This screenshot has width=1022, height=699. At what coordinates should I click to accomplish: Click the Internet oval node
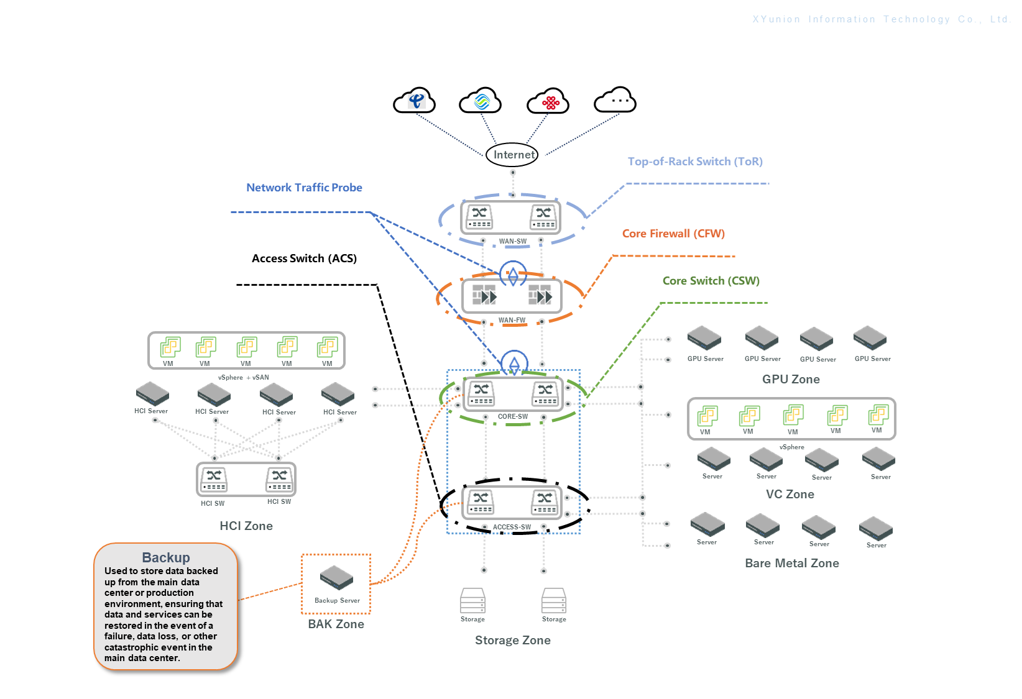point(512,155)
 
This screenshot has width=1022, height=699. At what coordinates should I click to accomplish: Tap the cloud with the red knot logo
point(548,101)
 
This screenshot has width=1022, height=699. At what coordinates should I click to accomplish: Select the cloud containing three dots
point(615,100)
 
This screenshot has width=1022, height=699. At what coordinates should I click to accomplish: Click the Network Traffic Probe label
point(304,188)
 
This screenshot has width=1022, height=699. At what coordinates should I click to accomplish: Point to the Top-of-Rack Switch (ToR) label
point(695,162)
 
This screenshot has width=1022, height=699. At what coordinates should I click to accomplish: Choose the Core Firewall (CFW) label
point(673,234)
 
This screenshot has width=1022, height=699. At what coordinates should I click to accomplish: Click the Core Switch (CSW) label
point(711,281)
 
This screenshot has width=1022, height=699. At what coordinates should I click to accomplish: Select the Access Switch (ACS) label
point(304,258)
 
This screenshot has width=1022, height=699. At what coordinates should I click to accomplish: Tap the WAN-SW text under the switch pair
point(512,241)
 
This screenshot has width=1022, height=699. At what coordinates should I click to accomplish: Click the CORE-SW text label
point(512,416)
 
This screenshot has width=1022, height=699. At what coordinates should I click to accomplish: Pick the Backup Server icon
point(336,578)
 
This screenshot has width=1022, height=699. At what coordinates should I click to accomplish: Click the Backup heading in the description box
point(165,557)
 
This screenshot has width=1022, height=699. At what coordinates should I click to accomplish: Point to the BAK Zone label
point(336,624)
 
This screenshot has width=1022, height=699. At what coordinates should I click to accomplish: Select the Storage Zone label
point(512,640)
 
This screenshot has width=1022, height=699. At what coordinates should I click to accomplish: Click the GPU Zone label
point(791,379)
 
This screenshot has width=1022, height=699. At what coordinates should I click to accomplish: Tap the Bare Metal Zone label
point(791,563)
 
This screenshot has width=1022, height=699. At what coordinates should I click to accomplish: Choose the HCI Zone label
point(246,526)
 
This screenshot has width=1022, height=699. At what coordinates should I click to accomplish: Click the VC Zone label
point(790,494)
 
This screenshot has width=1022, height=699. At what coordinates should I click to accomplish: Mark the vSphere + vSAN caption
point(243,377)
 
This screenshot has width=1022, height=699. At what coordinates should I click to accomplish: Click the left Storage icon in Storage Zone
point(472,601)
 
